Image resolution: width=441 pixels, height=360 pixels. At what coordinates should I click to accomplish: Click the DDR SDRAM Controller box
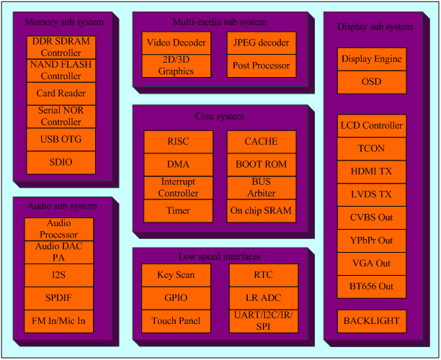click(x=61, y=48)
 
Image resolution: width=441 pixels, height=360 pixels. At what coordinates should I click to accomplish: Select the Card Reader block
click(x=61, y=94)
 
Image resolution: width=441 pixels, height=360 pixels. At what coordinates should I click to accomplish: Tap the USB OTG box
click(x=61, y=139)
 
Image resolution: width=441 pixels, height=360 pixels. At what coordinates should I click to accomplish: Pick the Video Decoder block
click(x=176, y=43)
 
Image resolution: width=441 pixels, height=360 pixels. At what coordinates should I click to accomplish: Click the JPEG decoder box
click(x=261, y=43)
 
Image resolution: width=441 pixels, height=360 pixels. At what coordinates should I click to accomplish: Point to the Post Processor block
click(x=261, y=66)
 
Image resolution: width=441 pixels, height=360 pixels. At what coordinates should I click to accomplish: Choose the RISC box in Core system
click(x=178, y=142)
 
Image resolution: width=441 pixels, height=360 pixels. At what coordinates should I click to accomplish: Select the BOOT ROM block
click(x=261, y=165)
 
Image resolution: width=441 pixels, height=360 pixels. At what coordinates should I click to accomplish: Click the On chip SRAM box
click(x=261, y=211)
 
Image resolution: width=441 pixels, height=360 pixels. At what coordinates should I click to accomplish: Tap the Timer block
click(x=178, y=211)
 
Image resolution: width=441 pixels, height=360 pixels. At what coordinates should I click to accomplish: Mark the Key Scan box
click(x=176, y=275)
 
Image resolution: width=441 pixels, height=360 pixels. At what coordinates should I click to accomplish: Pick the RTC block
click(x=263, y=275)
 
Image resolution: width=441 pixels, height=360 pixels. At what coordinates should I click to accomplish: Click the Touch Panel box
click(x=176, y=321)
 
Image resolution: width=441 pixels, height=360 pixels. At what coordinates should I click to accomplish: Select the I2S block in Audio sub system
click(x=59, y=275)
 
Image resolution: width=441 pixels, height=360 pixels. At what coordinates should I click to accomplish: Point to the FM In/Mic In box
click(x=59, y=321)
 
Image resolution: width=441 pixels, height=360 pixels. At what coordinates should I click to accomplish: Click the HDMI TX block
click(x=372, y=172)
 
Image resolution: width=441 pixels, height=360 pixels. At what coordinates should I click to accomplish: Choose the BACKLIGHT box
click(x=372, y=321)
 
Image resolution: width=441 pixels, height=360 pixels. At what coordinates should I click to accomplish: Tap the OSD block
click(x=372, y=82)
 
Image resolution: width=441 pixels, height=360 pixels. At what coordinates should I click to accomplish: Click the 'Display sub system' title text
click(x=375, y=27)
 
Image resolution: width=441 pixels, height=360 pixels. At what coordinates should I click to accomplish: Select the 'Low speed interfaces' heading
click(x=220, y=257)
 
